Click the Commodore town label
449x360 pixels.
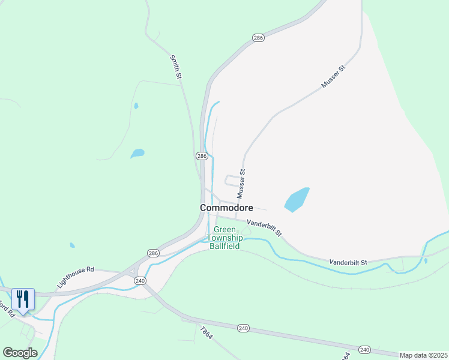(226, 208)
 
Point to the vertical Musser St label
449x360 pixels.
(241, 184)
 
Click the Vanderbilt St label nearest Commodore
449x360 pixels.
(264, 227)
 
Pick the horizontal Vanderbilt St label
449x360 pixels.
(348, 262)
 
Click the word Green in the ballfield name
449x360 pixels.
(225, 230)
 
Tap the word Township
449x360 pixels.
(225, 238)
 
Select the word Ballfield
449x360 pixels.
(225, 245)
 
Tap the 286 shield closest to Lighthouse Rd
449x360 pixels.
(153, 253)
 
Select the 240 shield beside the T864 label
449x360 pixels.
(243, 328)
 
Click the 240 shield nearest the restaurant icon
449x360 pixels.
(140, 280)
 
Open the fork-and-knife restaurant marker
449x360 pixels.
(23, 300)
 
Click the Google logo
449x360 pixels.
(20, 353)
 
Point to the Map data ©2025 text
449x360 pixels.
(423, 355)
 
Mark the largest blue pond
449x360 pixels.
(297, 200)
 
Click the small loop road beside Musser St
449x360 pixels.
(232, 180)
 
